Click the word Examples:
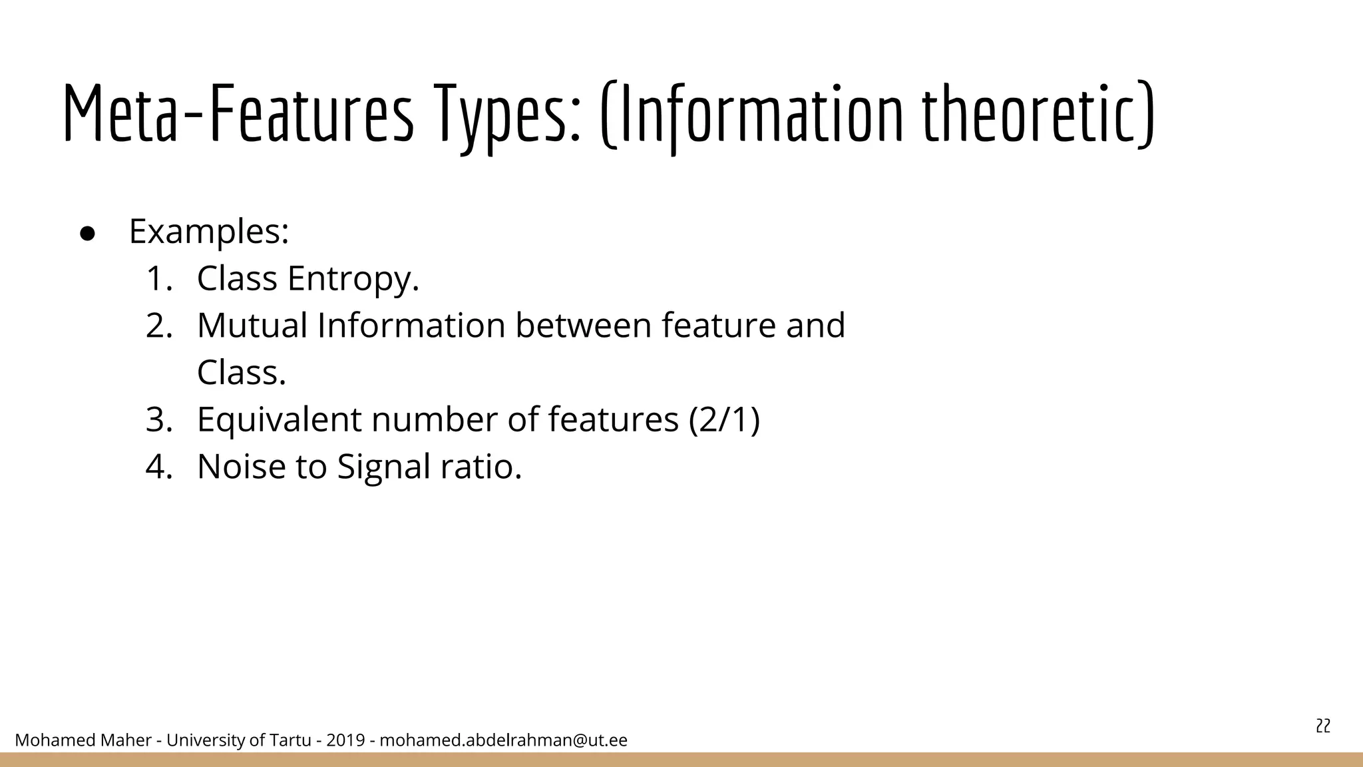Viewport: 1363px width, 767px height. coord(209,232)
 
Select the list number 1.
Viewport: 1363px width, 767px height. coord(159,279)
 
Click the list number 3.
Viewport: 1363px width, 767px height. coord(159,420)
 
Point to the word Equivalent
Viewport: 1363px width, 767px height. coord(279,420)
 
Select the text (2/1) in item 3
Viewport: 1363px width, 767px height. coord(724,420)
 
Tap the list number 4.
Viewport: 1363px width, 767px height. coord(159,467)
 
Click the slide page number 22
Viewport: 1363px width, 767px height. coord(1323,726)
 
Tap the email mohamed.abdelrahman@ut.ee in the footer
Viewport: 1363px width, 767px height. coord(503,740)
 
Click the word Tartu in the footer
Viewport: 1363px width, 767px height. coord(290,740)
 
